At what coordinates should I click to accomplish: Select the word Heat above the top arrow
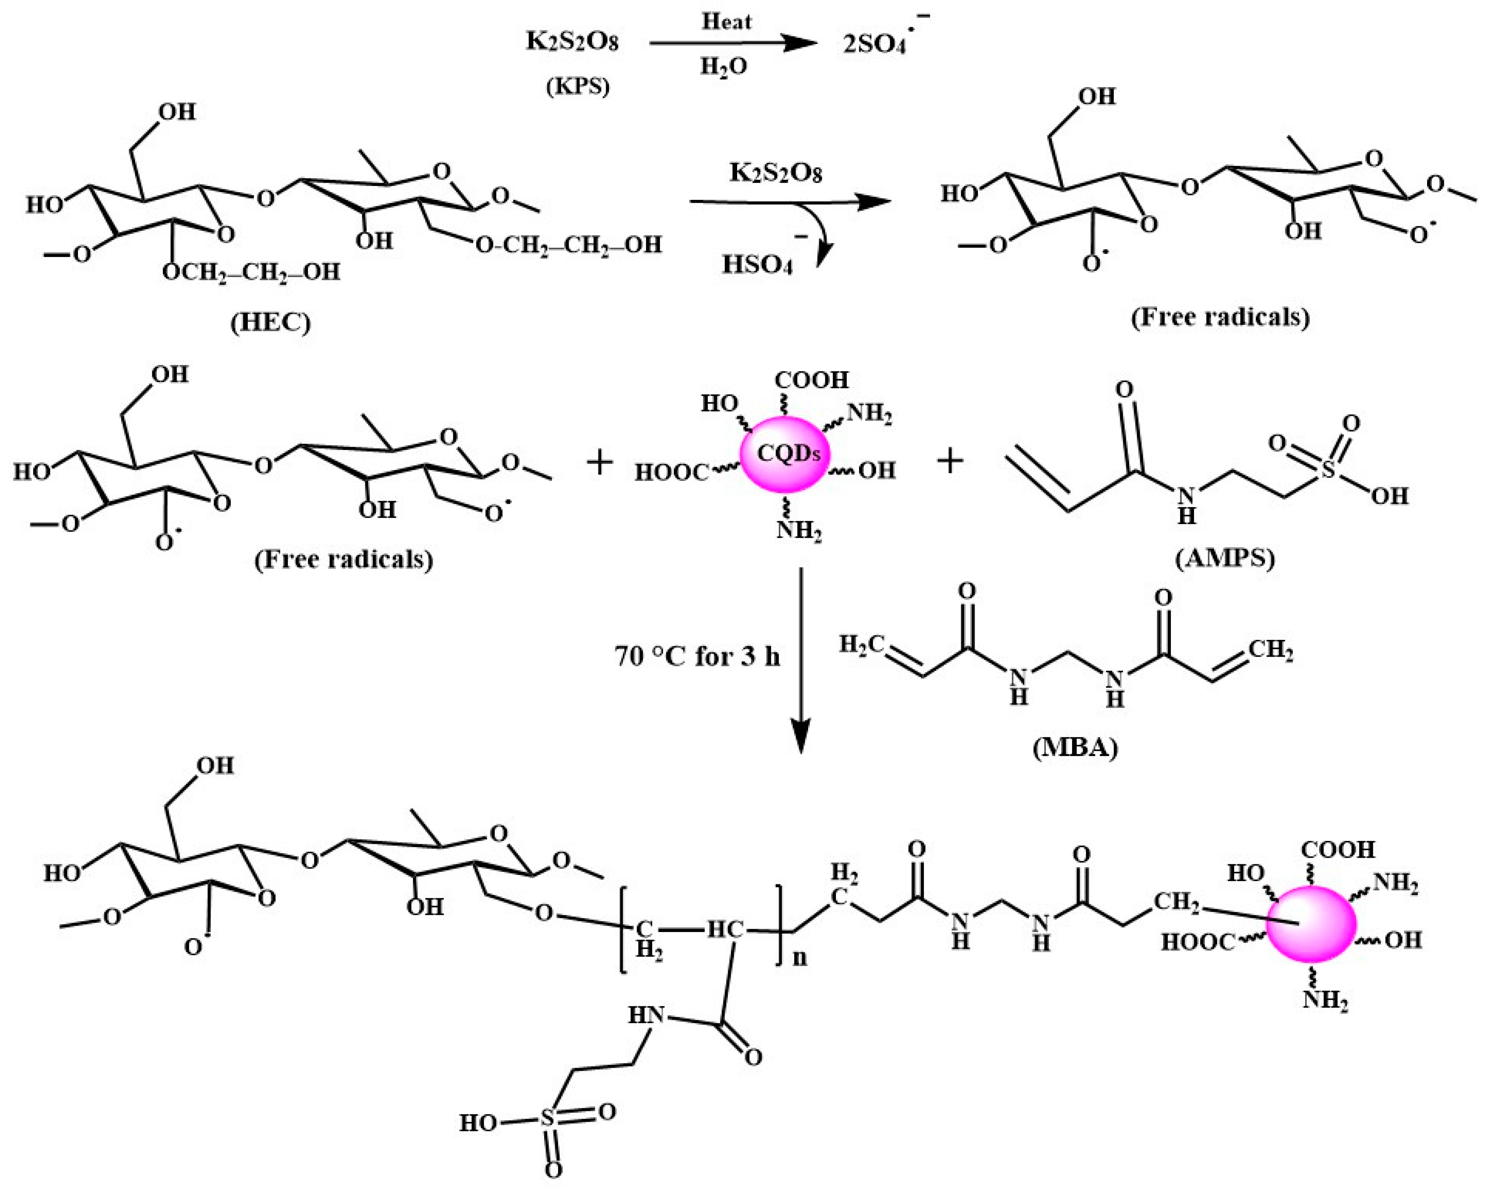pos(727,22)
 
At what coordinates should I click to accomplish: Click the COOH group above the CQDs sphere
pos(811,380)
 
